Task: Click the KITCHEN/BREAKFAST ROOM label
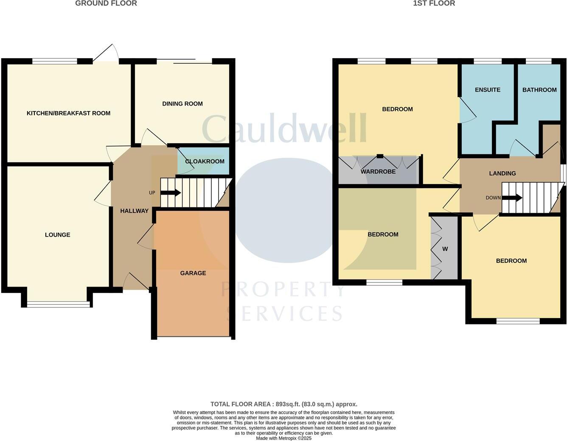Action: [x=68, y=113]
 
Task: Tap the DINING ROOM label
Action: [x=182, y=104]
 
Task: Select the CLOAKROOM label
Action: [x=205, y=162]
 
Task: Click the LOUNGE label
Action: [x=58, y=235]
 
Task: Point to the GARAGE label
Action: [x=193, y=273]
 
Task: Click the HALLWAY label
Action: [x=134, y=211]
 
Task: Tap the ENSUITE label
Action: [x=488, y=90]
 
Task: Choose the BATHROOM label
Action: [x=539, y=90]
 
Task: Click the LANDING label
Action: [x=502, y=173]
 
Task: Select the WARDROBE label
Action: [x=378, y=172]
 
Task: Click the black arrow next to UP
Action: [x=171, y=193]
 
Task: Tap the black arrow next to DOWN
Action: [x=512, y=198]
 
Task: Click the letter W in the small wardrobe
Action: [x=445, y=249]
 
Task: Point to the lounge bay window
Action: [x=59, y=304]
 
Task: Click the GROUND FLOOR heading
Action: [x=106, y=3]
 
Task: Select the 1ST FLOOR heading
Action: [x=434, y=3]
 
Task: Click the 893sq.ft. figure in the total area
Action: [x=288, y=404]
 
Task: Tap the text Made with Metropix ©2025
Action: [x=283, y=438]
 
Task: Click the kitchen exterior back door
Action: [x=106, y=53]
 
